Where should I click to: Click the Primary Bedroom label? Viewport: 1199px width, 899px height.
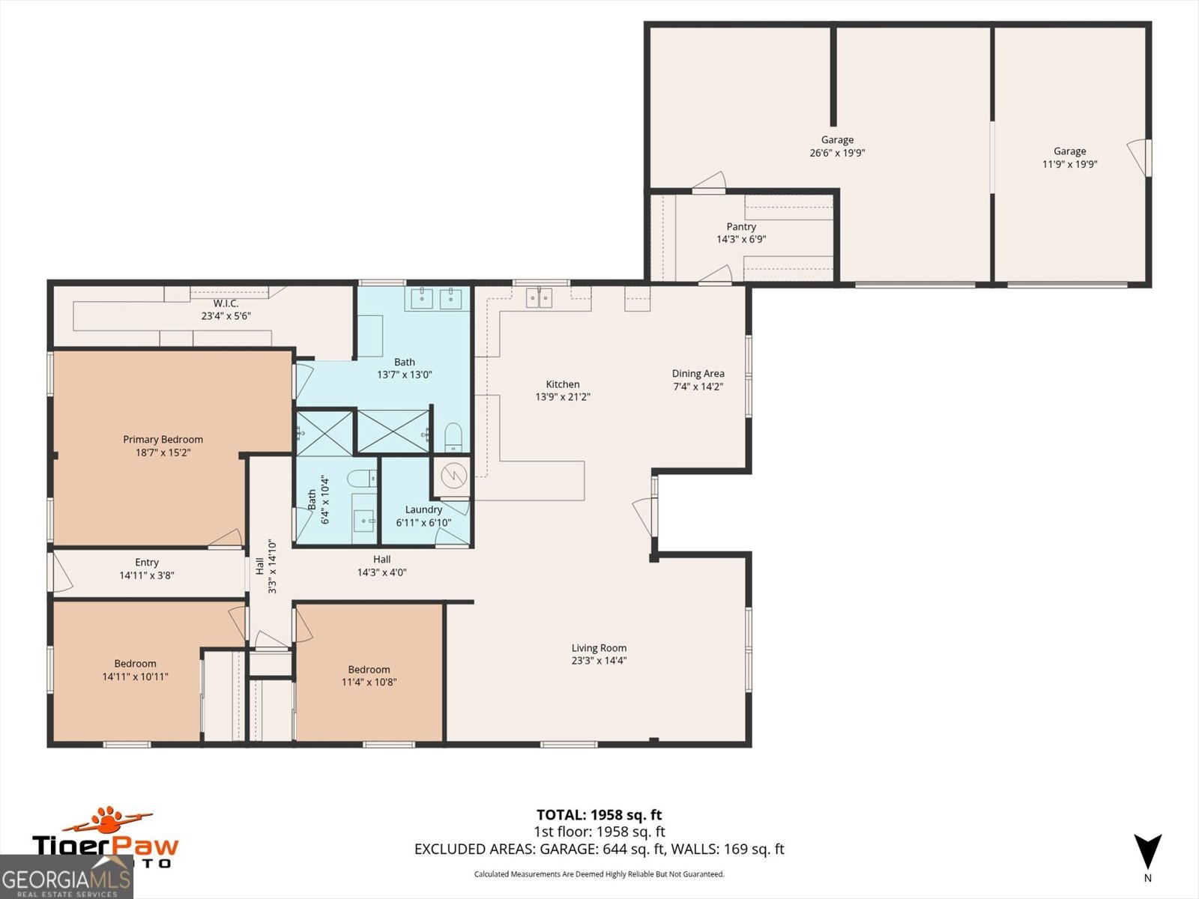coord(163,440)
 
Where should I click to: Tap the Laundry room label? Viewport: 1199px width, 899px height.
coord(423,509)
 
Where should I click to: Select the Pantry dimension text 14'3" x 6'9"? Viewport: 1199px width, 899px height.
coord(741,240)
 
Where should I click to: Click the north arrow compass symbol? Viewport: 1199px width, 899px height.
coord(1147,853)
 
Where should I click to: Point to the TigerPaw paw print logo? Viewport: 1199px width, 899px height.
coord(109,820)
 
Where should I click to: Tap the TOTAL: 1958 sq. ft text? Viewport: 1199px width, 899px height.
coord(599,815)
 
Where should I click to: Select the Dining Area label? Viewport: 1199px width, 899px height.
coord(698,374)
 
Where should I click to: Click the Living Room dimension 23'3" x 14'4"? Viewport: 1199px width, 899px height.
coord(599,661)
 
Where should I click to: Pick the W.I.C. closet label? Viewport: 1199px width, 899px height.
coord(226,303)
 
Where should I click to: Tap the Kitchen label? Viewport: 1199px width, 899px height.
coord(563,384)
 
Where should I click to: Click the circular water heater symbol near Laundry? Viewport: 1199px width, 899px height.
coord(453,476)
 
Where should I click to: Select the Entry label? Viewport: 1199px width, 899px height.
coord(147,563)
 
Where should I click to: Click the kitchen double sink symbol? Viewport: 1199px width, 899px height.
coord(538,298)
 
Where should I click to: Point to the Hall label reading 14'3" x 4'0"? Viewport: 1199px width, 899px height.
coord(381,560)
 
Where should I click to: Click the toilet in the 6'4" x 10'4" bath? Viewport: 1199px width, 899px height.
coord(363,478)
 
